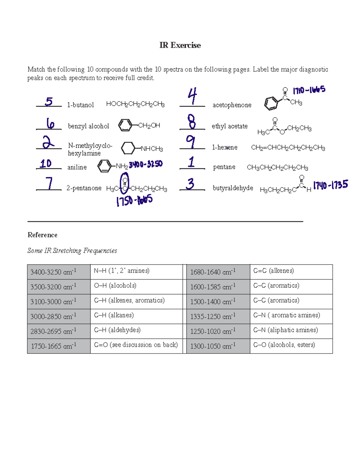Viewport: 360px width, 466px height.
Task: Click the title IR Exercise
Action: click(180, 45)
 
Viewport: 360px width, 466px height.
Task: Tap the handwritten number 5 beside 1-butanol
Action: click(49, 101)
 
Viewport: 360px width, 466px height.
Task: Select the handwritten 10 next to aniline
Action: click(46, 164)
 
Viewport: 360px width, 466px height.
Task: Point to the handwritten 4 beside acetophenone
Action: click(192, 96)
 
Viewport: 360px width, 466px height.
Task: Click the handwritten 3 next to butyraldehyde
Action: click(190, 184)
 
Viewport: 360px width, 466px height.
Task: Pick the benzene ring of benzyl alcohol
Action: click(125, 125)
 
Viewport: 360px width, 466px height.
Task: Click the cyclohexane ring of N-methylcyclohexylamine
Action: click(128, 148)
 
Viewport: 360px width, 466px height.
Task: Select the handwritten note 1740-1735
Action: click(331, 185)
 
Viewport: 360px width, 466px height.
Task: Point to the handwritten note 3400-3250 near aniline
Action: click(146, 164)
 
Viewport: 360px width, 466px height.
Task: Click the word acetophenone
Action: click(232, 105)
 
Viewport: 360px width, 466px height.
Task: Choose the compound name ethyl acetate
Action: click(229, 126)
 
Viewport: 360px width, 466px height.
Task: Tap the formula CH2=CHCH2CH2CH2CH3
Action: click(288, 148)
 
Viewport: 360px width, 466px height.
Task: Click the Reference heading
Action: click(42, 235)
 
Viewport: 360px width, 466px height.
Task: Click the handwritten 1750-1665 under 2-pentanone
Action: click(134, 200)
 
